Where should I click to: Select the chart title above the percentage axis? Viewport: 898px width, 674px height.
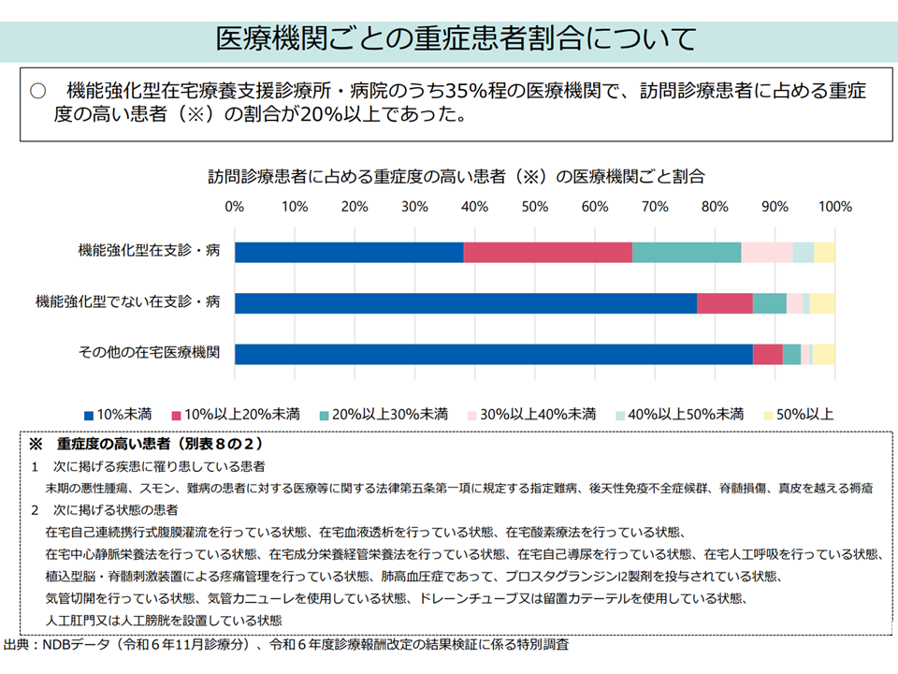(456, 176)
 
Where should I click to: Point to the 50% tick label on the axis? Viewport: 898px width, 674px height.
(534, 206)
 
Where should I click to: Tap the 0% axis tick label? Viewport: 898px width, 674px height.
(235, 206)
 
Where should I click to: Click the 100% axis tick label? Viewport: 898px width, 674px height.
(834, 206)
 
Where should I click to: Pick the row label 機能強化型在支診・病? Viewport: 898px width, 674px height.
(150, 251)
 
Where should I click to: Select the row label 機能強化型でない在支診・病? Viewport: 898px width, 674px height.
(127, 302)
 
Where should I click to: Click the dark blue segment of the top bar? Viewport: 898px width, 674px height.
(349, 252)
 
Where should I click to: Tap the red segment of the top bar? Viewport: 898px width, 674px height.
(547, 252)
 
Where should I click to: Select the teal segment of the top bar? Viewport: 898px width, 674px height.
(687, 252)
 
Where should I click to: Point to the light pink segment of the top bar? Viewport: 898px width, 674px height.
(767, 252)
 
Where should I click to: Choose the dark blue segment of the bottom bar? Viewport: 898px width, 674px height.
(494, 354)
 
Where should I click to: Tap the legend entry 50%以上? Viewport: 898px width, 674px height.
(798, 414)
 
